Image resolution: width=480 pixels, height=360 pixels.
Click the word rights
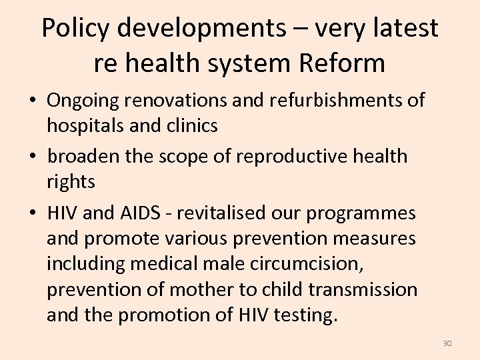tap(71, 181)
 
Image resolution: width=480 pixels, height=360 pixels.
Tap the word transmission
tap(361, 289)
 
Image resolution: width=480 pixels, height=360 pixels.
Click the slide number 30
tap(447, 343)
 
